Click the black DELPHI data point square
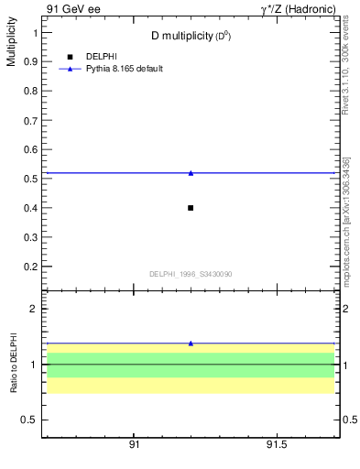coord(191,208)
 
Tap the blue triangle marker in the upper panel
coord(191,172)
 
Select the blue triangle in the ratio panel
coord(191,344)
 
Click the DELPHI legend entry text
coord(101,57)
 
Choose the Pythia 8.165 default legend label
coord(125,69)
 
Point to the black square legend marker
coord(70,57)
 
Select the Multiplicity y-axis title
coord(11,46)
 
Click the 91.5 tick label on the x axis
coord(277,443)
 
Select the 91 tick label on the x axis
coord(134,443)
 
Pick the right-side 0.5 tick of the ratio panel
coord(349,420)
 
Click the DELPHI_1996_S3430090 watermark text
coord(190,274)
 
